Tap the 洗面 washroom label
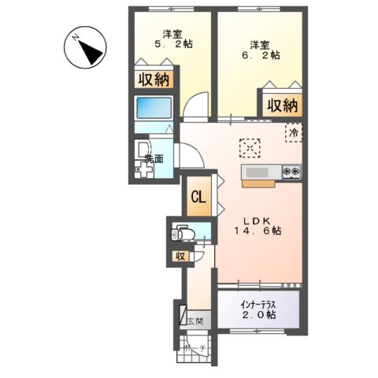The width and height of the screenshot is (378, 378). tap(154, 160)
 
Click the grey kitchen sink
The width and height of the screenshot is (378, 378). tap(258, 172)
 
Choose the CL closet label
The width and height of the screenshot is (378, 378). tap(199, 198)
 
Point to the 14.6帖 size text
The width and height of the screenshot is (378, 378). tap(257, 232)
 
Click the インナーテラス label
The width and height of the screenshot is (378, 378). tap(258, 302)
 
